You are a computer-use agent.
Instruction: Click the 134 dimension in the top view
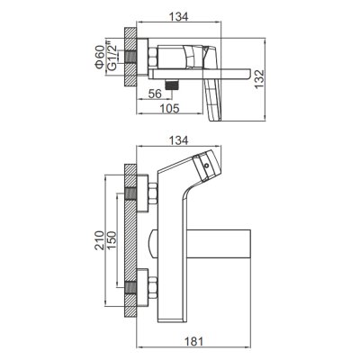pyautogui.click(x=179, y=17)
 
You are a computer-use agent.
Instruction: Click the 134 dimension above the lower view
pyautogui.click(x=179, y=140)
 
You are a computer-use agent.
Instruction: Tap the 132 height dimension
pyautogui.click(x=259, y=79)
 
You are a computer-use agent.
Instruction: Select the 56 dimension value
pyautogui.click(x=155, y=94)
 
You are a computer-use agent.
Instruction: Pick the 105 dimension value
pyautogui.click(x=170, y=108)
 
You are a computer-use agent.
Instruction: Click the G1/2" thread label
pyautogui.click(x=112, y=57)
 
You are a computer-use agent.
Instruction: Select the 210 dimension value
pyautogui.click(x=99, y=240)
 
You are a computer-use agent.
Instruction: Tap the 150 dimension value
pyautogui.click(x=112, y=240)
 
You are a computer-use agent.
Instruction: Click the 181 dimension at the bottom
pyautogui.click(x=193, y=342)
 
